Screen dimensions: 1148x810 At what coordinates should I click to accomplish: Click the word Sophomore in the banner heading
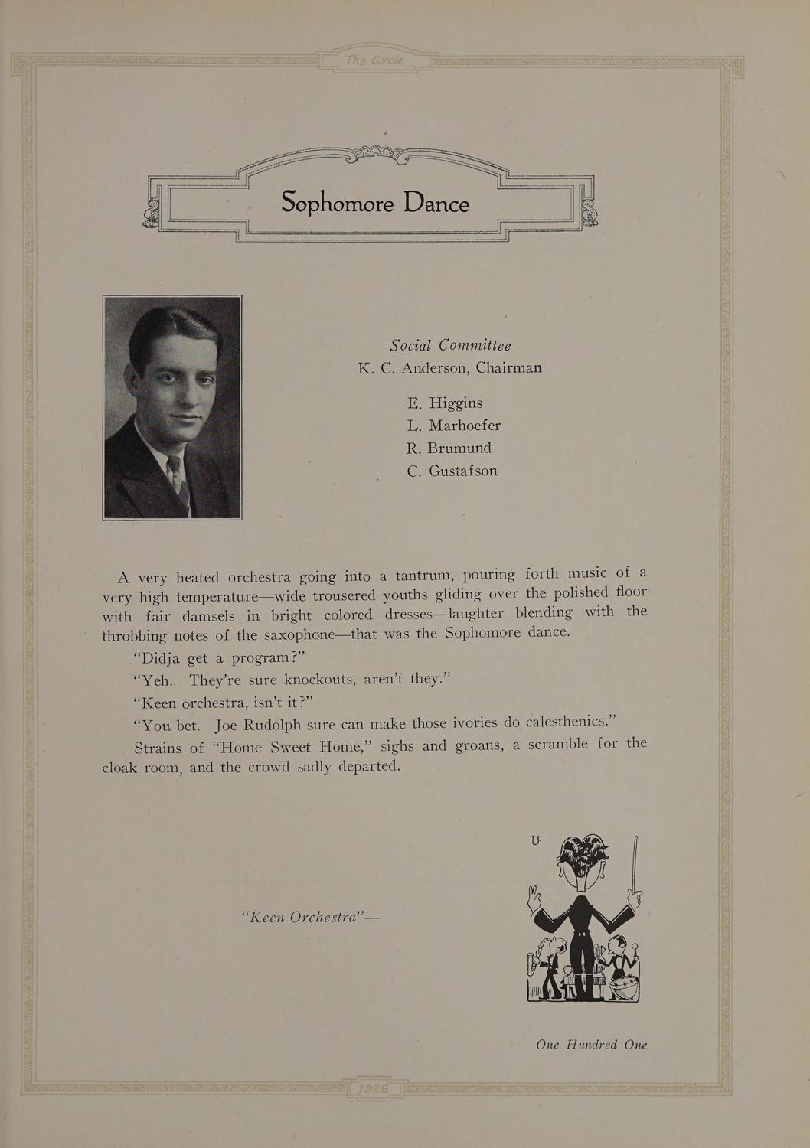point(337,203)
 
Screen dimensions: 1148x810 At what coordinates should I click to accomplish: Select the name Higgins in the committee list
point(456,403)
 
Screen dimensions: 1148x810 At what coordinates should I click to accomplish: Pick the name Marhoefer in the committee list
point(465,426)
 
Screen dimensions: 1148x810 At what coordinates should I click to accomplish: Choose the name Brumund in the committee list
point(459,448)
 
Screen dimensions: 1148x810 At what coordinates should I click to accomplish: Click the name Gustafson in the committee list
point(462,471)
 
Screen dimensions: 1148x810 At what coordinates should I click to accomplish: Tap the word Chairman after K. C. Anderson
point(508,367)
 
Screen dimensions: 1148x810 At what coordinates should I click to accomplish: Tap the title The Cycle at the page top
point(374,61)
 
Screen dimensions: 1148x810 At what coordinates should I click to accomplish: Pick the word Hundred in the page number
point(591,1045)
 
